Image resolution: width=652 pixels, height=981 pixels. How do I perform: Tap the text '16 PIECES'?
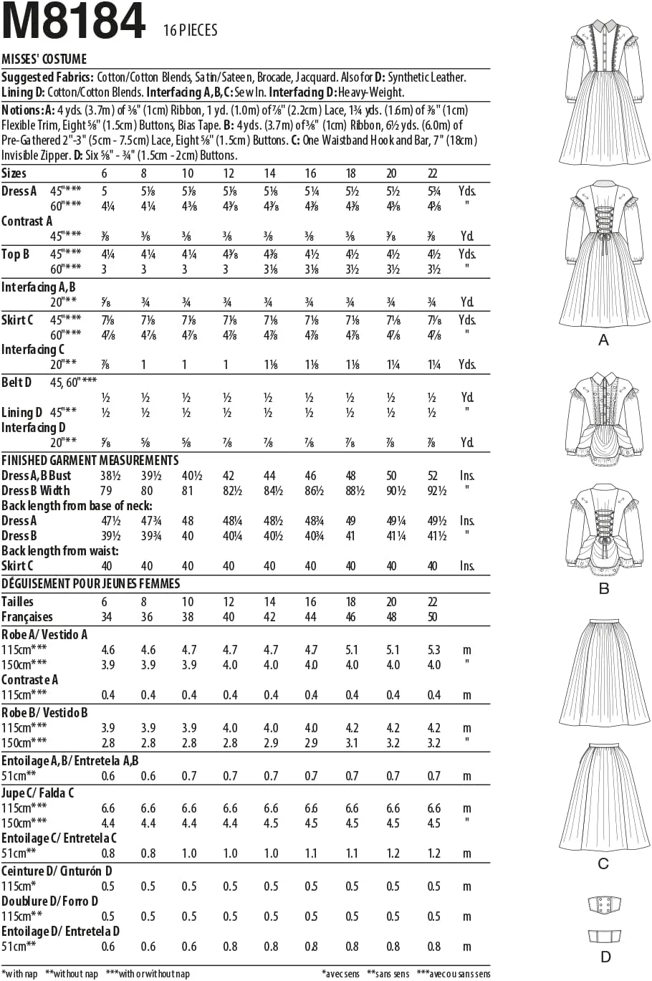190,31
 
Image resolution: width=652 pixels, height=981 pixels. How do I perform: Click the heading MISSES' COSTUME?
44,59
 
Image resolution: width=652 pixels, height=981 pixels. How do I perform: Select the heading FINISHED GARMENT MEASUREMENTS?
90,460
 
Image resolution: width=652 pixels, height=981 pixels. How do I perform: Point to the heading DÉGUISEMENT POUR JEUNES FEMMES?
91,583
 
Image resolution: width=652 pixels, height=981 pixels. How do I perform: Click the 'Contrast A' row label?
27,221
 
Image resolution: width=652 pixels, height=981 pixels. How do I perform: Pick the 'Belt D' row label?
17,382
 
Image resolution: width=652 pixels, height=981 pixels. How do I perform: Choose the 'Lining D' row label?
22,412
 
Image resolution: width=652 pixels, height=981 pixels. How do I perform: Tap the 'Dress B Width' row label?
36,491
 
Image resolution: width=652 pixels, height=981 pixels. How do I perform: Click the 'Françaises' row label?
27,617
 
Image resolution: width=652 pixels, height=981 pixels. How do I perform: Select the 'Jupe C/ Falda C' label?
38,793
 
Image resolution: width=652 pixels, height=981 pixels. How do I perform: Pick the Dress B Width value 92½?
434,491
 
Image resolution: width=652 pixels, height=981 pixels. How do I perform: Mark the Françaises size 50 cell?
433,617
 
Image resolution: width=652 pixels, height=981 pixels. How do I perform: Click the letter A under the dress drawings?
603,340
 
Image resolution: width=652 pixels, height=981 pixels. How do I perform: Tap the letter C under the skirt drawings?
603,864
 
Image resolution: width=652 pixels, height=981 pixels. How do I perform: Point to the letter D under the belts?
606,957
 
